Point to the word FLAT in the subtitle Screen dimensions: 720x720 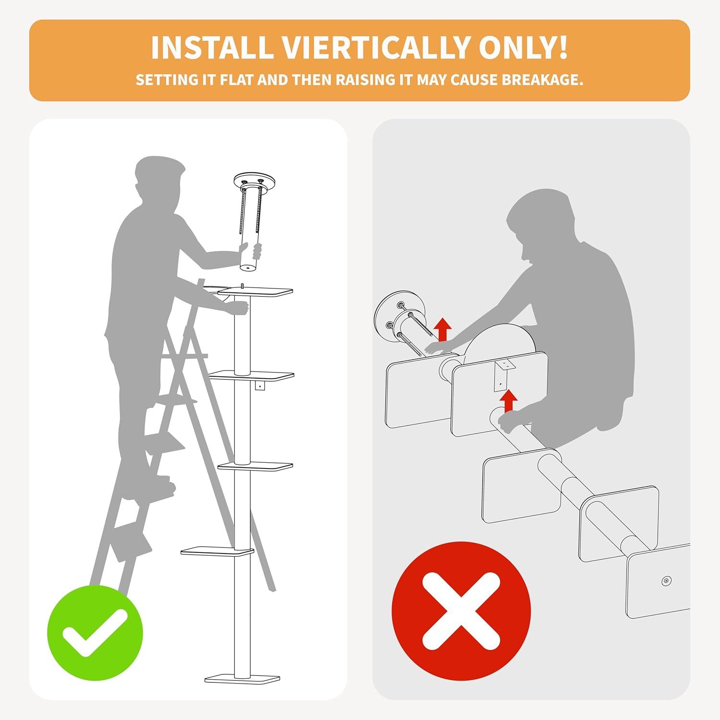236,80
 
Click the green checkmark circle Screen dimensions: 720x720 95,632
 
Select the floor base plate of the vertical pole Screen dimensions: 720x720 242,678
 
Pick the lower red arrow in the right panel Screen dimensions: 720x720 508,400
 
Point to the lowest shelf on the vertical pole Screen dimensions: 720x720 217,551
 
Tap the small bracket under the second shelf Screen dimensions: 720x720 260,386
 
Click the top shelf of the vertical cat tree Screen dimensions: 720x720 255,291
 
